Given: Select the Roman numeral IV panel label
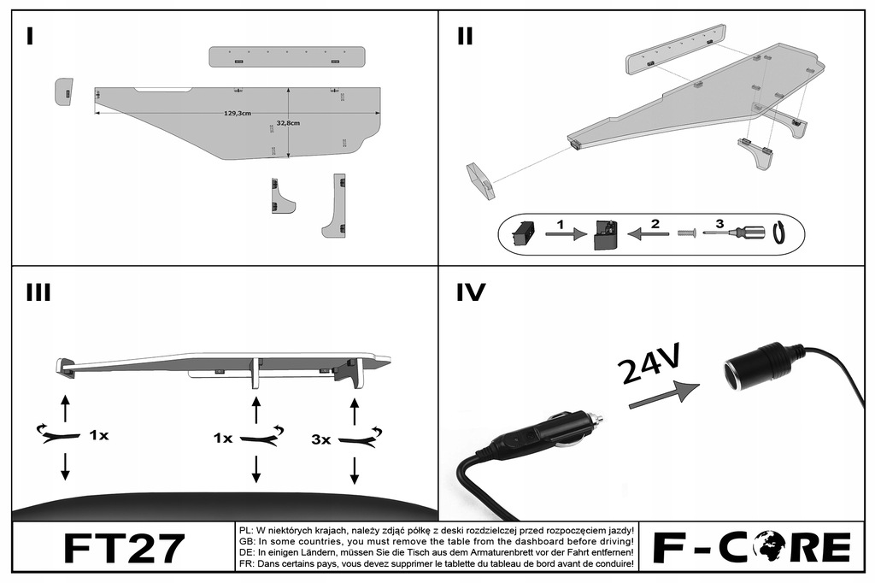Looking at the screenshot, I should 471,293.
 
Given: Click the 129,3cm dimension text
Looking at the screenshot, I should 237,113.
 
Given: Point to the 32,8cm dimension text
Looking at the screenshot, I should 289,123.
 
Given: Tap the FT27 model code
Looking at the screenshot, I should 124,548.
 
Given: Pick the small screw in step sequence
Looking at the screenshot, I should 685,233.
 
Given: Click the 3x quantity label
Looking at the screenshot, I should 321,439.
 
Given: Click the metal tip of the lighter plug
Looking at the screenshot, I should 596,420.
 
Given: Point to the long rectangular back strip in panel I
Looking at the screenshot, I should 288,56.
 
